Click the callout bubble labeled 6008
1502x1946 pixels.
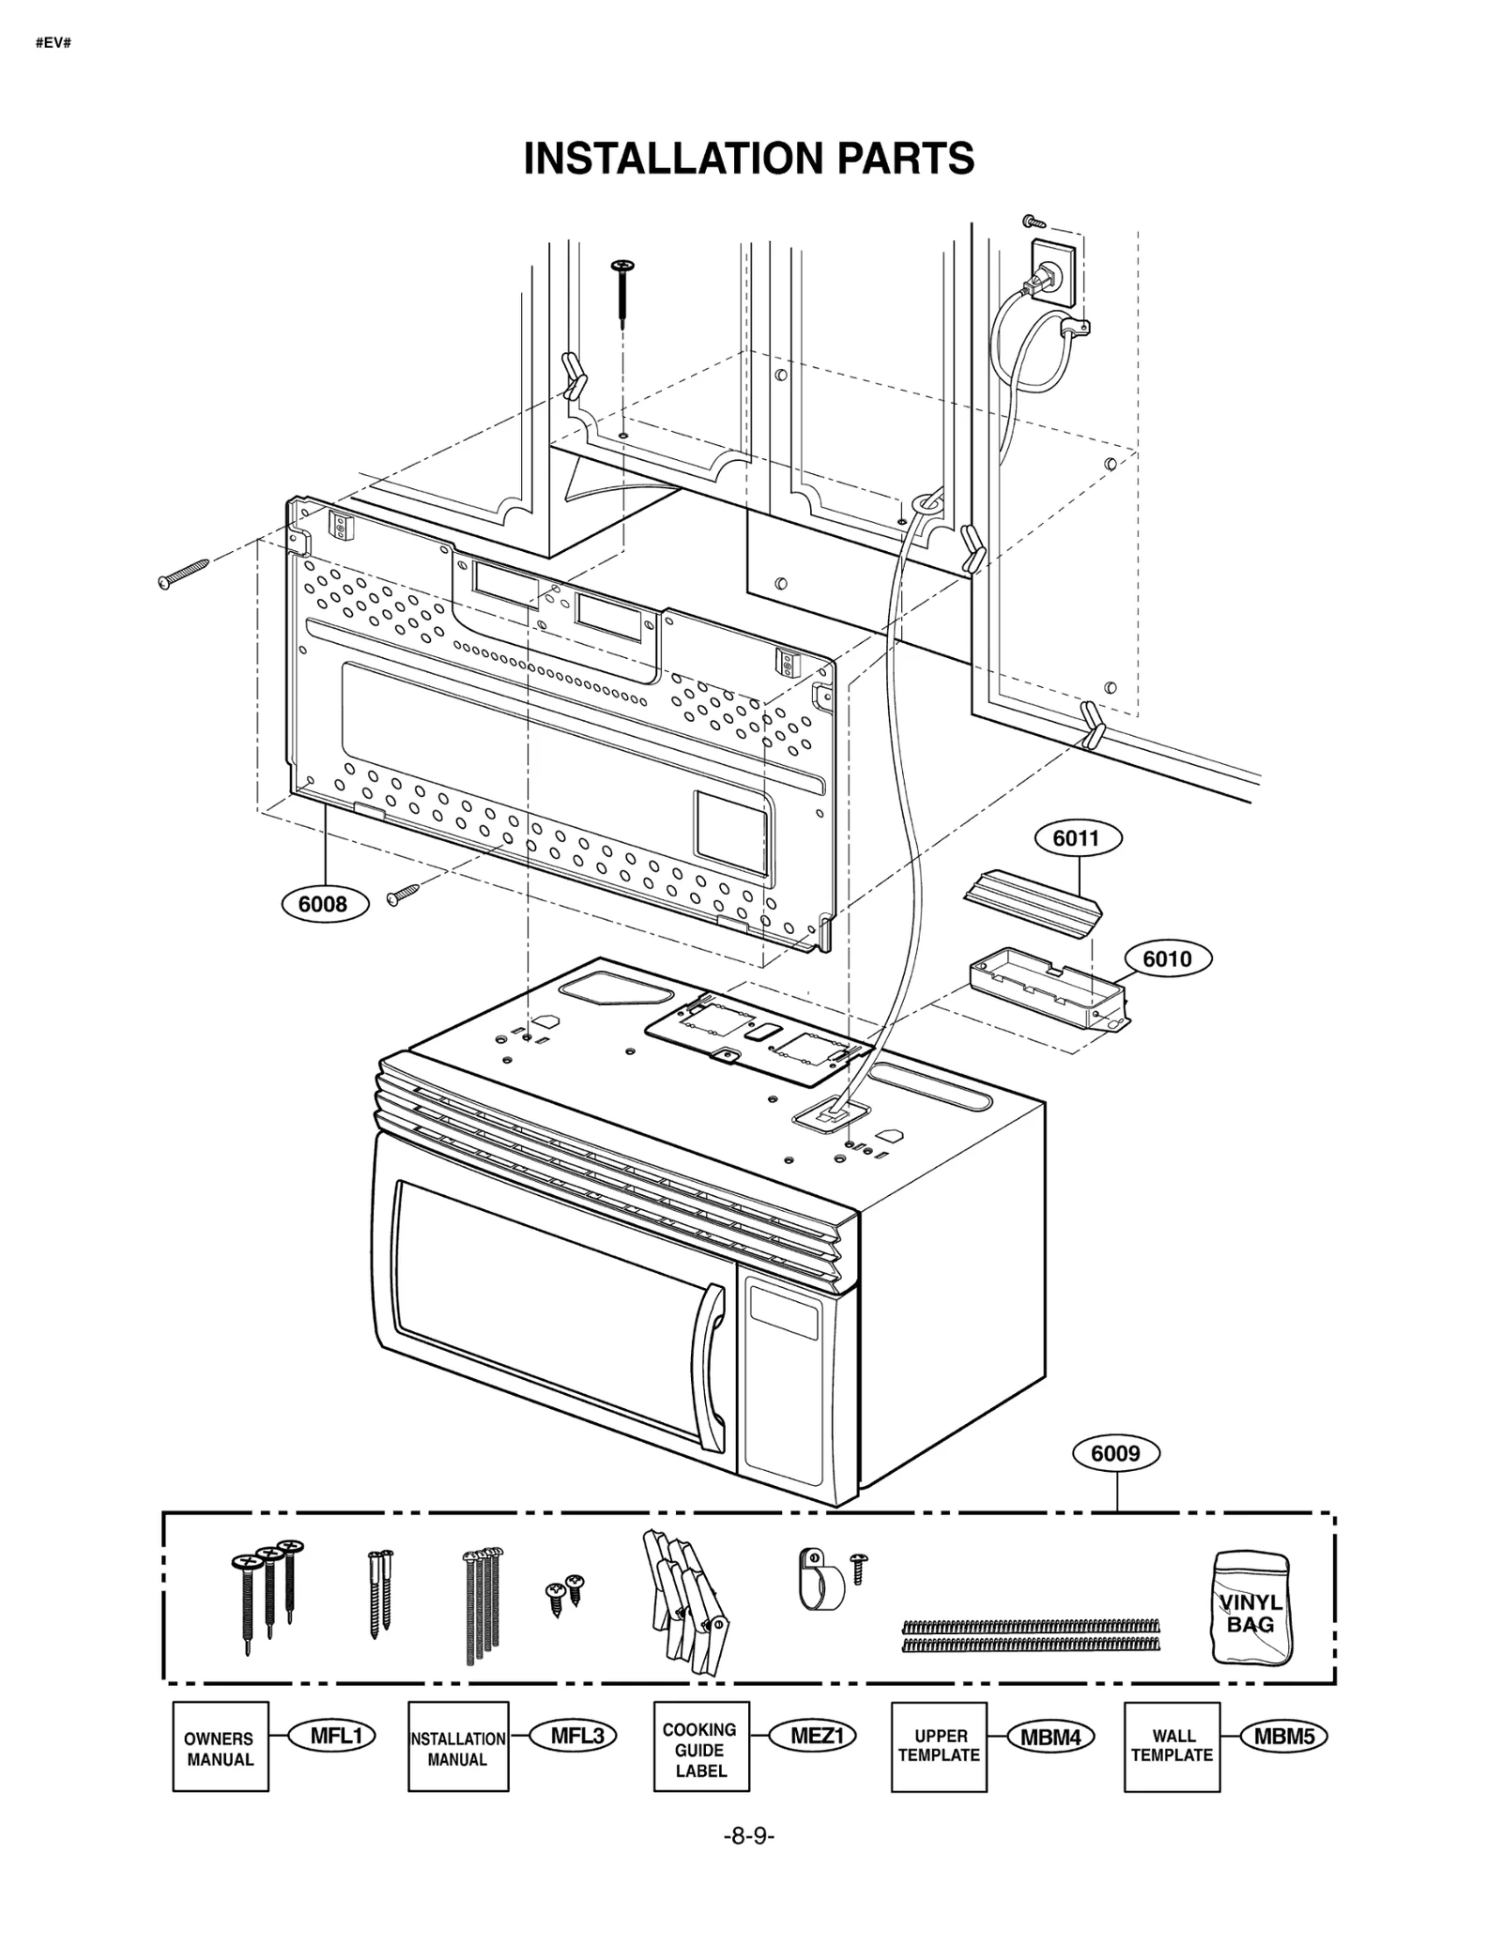coord(322,904)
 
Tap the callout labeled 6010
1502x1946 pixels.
coord(1167,958)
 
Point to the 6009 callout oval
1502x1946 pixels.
coord(1115,1453)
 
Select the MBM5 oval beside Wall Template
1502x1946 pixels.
coord(1283,1737)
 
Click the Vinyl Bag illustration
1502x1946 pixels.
coord(1250,1608)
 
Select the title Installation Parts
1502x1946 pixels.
coord(749,159)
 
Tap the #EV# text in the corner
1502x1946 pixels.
coord(54,44)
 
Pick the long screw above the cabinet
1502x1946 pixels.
coord(622,291)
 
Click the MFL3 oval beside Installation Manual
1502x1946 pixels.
coord(575,1736)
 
